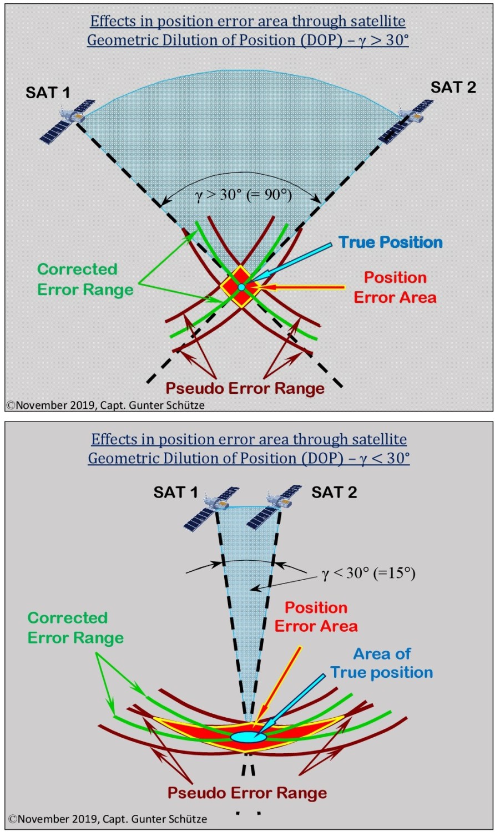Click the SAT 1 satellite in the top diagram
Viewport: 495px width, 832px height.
(67, 121)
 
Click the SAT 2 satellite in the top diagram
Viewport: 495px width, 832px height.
(407, 121)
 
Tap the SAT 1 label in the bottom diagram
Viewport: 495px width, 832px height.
(175, 492)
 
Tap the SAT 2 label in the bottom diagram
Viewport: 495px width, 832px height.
(334, 492)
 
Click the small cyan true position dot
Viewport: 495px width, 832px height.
(241, 287)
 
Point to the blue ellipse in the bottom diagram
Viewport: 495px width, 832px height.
(248, 737)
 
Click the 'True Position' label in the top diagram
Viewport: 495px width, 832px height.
(391, 242)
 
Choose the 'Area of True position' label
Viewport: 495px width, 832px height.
(382, 663)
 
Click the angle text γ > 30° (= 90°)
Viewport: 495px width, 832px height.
(244, 195)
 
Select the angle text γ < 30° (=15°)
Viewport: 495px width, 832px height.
(368, 573)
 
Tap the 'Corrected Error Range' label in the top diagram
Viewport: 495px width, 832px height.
(85, 280)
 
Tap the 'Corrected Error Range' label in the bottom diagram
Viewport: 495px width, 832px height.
(75, 628)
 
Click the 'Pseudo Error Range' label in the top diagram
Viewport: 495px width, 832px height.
(245, 388)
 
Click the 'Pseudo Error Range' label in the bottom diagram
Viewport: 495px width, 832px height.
(247, 793)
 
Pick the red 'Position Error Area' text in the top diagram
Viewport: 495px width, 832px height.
(395, 287)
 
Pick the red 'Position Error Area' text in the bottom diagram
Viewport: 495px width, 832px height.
(316, 617)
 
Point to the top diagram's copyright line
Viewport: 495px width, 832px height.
(105, 405)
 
